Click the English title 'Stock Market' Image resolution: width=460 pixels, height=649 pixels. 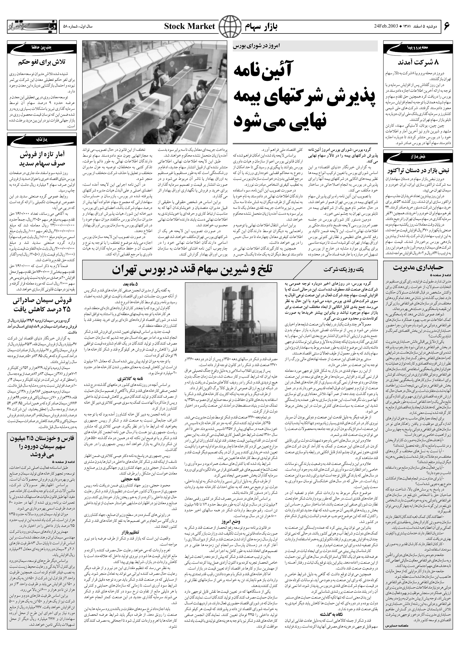click(190, 27)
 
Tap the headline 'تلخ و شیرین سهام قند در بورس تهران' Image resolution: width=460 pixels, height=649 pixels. click(192, 270)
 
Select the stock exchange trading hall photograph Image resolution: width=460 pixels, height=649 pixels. click(155, 92)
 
